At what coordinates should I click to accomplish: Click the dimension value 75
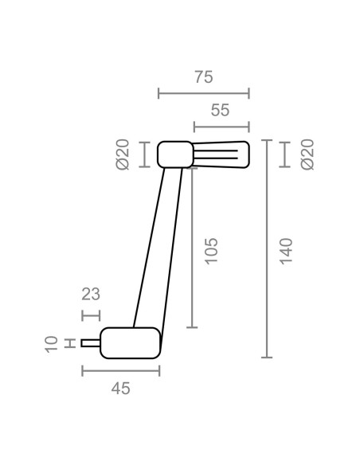(204, 77)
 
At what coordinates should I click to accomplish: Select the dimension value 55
(220, 110)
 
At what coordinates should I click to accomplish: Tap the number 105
(211, 251)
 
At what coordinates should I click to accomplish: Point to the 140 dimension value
(286, 251)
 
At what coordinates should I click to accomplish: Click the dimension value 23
(91, 294)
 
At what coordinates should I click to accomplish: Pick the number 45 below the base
(121, 389)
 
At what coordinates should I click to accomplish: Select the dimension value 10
(51, 344)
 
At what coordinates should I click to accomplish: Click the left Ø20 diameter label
(123, 154)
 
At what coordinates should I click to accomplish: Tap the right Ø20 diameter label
(307, 154)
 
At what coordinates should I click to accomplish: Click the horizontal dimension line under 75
(204, 93)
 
